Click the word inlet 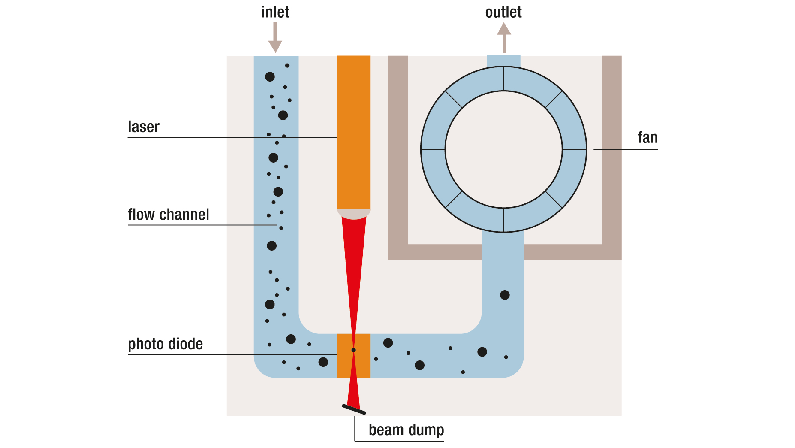(x=275, y=12)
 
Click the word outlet (x=503, y=12)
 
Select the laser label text (x=143, y=127)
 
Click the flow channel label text (x=168, y=215)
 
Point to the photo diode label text (x=165, y=344)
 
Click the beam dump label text (x=406, y=430)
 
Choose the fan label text (x=647, y=138)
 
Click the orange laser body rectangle (x=354, y=129)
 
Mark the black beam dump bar (x=354, y=409)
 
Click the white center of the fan (x=503, y=149)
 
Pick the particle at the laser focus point (x=354, y=350)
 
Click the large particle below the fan (x=505, y=295)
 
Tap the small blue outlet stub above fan (x=503, y=61)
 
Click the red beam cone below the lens (x=354, y=257)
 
